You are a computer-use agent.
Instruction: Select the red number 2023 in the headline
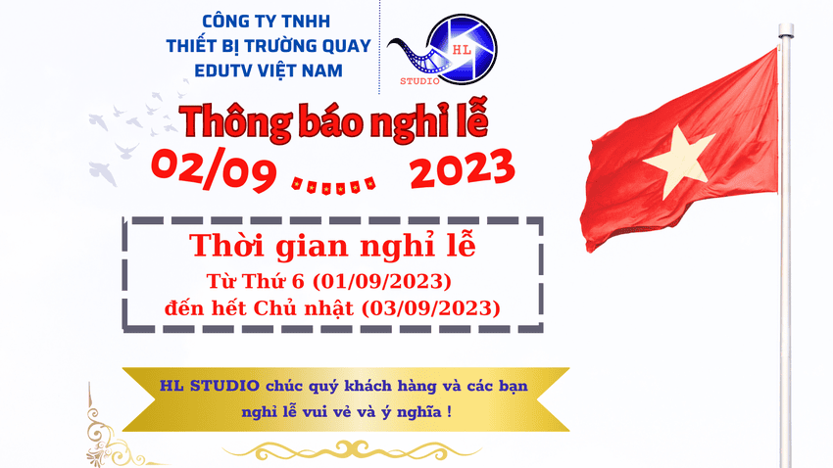pos(462,169)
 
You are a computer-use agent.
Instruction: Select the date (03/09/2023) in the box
pos(430,307)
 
